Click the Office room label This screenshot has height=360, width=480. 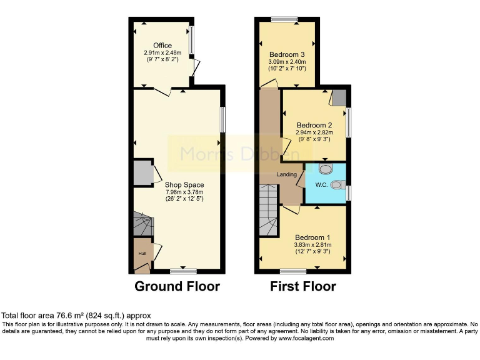tap(162, 46)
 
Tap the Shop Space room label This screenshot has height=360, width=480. tap(184, 185)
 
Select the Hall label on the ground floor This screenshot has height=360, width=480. tap(142, 253)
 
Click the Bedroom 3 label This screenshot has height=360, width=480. tap(287, 53)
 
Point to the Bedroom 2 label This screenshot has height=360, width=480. tap(314, 125)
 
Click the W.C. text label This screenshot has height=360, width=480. tap(322, 185)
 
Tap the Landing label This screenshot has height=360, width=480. tap(287, 174)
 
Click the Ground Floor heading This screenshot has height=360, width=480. tap(177, 287)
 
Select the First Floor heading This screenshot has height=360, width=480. tap(303, 287)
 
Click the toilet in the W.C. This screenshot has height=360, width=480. tap(338, 184)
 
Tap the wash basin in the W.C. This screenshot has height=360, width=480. tap(326, 168)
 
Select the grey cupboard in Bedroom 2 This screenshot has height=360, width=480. tap(339, 97)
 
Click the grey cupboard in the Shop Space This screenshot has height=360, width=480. tap(142, 173)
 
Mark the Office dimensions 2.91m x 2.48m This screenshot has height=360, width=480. tap(162, 54)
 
